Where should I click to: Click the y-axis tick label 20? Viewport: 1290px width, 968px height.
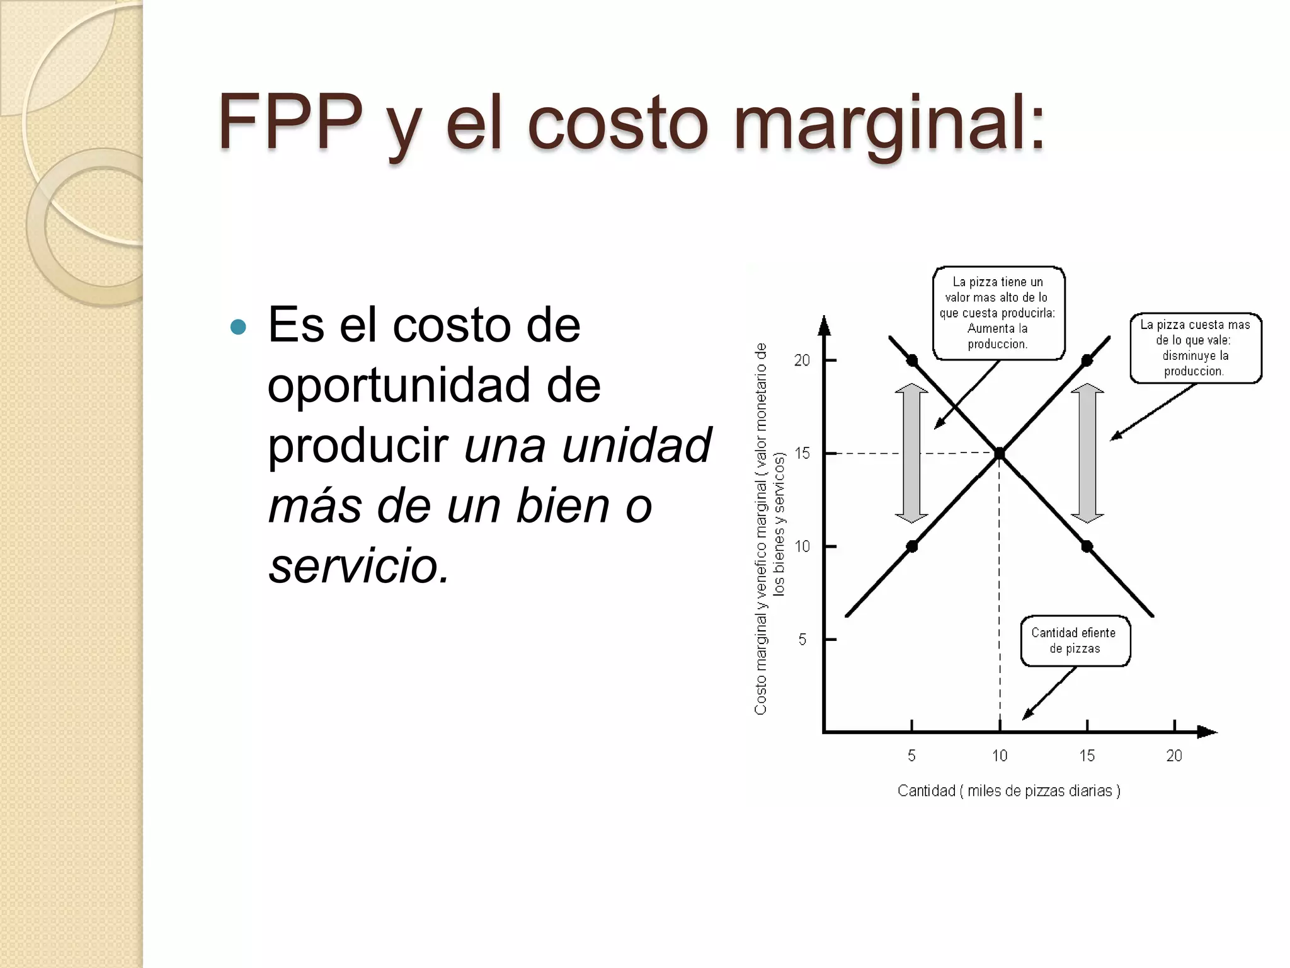click(802, 360)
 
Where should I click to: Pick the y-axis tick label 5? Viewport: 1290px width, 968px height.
click(802, 640)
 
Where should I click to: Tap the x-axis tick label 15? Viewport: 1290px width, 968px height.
click(1087, 756)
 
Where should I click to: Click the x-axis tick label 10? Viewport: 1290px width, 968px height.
click(1000, 756)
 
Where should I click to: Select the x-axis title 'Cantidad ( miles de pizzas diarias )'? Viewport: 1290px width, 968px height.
click(1008, 791)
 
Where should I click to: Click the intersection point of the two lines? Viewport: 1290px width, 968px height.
click(1000, 453)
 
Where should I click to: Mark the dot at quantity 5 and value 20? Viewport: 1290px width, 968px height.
click(912, 360)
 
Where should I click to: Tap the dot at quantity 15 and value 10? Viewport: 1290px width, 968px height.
click(1087, 546)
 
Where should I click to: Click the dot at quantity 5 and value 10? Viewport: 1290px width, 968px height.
click(912, 546)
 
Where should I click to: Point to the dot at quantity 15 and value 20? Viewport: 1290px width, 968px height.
click(1087, 360)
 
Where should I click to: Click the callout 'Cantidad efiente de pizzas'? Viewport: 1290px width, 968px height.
click(1075, 641)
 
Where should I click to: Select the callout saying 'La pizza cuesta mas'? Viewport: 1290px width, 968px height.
click(1195, 348)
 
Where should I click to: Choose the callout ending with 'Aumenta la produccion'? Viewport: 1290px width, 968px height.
click(998, 313)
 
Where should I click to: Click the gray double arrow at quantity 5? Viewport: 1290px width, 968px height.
click(911, 453)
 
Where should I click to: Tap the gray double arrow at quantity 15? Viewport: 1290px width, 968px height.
click(1087, 453)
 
